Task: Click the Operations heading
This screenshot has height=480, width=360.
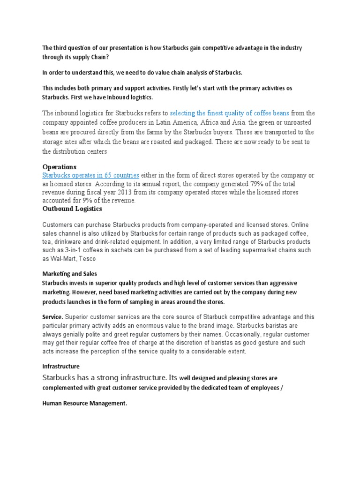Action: pyautogui.click(x=59, y=167)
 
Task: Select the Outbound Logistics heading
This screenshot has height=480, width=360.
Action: pyautogui.click(x=72, y=209)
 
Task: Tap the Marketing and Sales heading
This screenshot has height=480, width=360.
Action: pyautogui.click(x=69, y=274)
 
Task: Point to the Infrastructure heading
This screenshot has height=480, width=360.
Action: pyautogui.click(x=61, y=366)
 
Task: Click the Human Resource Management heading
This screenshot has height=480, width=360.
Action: pyautogui.click(x=84, y=403)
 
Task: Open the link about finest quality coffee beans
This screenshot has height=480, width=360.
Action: pyautogui.click(x=229, y=113)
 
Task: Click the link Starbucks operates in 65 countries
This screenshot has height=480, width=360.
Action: pyautogui.click(x=90, y=175)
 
